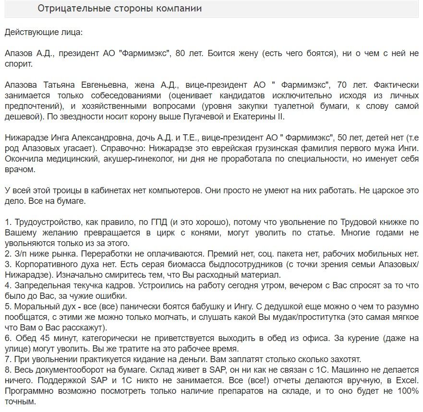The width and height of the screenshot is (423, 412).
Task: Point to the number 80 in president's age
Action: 181,53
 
